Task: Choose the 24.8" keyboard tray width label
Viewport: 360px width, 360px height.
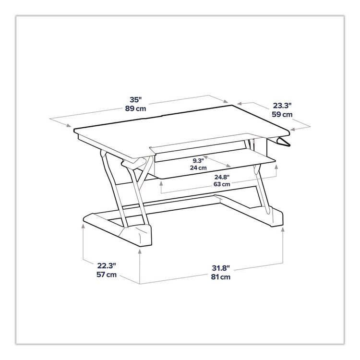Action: [222, 176]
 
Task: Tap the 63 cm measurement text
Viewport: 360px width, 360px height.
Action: [222, 184]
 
